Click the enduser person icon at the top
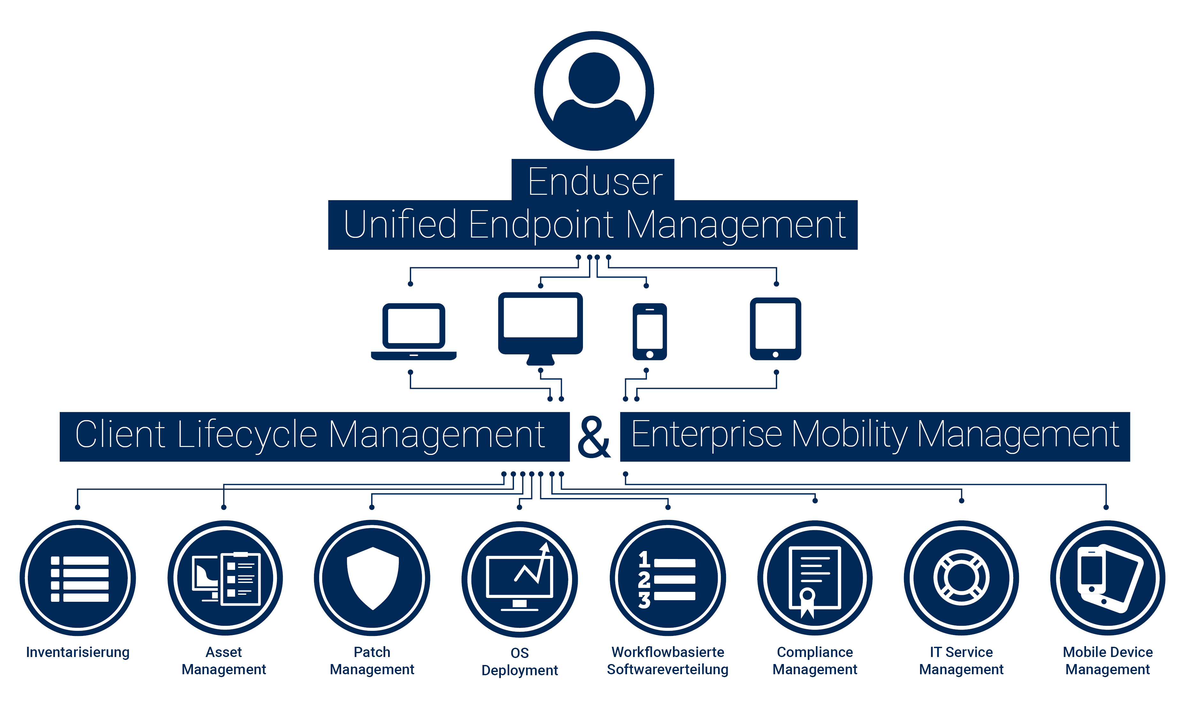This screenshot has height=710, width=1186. (594, 91)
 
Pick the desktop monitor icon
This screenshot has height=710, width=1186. (540, 328)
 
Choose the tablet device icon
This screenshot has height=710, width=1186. (775, 329)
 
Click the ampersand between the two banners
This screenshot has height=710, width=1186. (594, 436)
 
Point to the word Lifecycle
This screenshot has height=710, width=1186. (247, 434)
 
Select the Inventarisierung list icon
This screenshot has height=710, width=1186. (78, 578)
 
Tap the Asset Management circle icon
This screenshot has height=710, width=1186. (225, 578)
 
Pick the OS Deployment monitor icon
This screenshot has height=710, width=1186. (519, 579)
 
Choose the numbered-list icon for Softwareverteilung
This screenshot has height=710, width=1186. (668, 578)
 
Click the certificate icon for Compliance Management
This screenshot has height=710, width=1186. (815, 578)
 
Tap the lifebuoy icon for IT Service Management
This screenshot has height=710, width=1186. (961, 578)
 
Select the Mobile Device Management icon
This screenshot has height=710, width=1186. (1107, 578)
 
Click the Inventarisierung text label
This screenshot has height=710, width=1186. (78, 652)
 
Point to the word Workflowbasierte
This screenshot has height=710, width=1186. (668, 652)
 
